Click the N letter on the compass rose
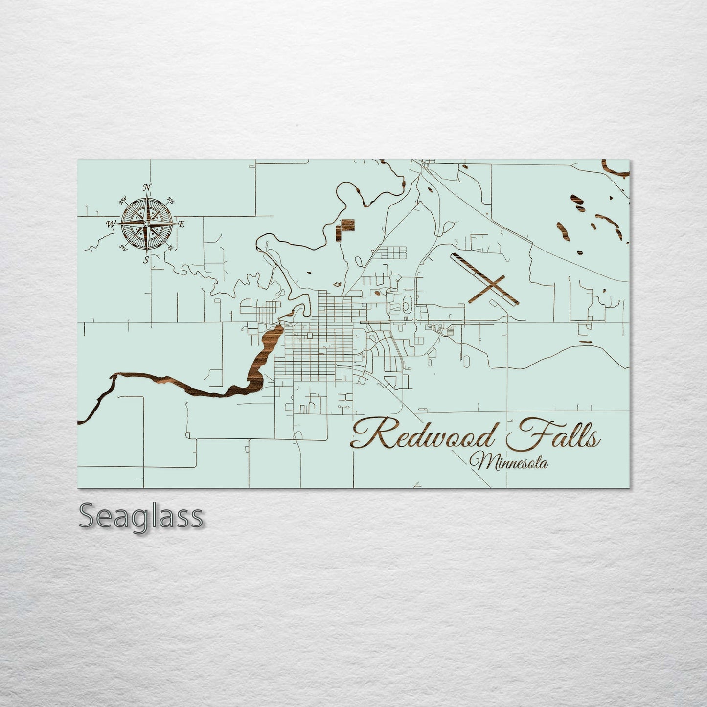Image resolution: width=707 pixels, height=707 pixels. click(146, 187)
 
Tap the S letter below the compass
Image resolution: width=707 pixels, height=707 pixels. click(146, 260)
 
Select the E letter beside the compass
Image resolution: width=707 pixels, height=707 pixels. click(181, 224)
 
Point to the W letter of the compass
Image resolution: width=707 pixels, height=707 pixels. click(110, 224)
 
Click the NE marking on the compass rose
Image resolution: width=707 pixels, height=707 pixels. click(171, 200)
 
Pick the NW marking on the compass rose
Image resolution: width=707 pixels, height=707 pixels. click(122, 200)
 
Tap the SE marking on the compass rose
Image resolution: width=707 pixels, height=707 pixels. click(170, 248)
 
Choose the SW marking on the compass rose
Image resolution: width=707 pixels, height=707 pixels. click(122, 248)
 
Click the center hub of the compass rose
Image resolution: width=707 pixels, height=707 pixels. click(146, 224)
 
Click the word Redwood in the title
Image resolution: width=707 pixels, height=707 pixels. click(424, 435)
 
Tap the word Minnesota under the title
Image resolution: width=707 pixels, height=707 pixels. click(509, 462)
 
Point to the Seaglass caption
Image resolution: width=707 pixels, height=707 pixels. click(140, 516)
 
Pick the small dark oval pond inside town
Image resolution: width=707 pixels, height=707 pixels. click(376, 294)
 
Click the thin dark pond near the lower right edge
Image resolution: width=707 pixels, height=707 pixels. click(585, 342)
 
